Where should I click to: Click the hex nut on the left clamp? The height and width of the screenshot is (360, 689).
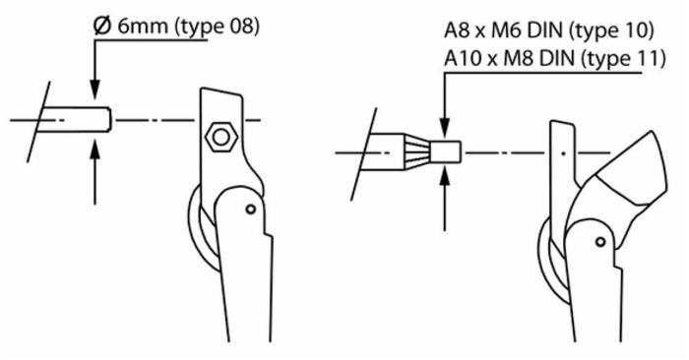pos(221,138)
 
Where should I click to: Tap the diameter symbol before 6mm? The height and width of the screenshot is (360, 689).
pos(102,27)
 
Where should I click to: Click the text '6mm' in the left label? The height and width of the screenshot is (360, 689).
pos(143,27)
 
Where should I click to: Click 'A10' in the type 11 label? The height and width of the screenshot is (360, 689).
pos(462,58)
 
